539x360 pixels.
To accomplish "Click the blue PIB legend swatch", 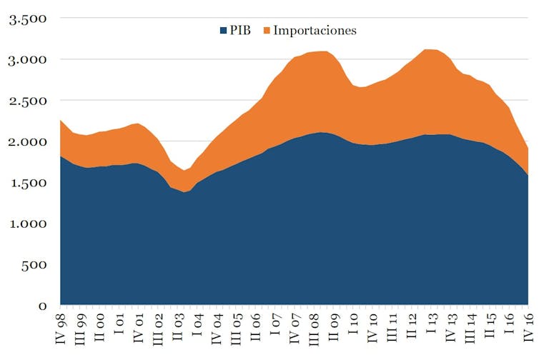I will pos(224,31).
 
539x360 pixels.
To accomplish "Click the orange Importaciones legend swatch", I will pos(267,31).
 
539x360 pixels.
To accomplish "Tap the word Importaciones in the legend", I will pos(315,31).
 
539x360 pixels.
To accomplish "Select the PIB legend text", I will pos(240,31).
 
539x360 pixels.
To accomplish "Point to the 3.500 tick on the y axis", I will pos(26,19).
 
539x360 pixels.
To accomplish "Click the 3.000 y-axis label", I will pos(26,60).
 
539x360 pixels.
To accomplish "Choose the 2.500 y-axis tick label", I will pos(26,101).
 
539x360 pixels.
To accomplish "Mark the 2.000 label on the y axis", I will pos(26,142).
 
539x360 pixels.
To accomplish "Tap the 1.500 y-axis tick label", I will pos(26,183).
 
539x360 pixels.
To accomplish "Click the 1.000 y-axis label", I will pos(26,224).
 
